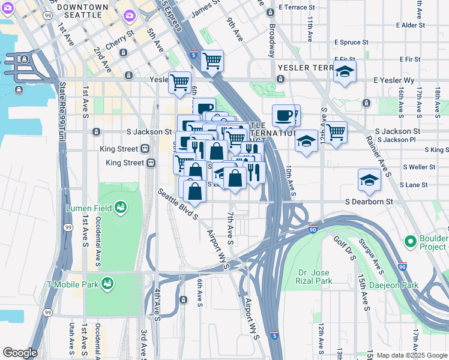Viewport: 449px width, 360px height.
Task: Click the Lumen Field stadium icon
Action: [121, 207]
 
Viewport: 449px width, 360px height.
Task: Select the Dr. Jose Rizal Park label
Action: [315, 276]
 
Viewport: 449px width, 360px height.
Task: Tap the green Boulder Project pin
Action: [411, 241]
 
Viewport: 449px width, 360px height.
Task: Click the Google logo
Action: [19, 353]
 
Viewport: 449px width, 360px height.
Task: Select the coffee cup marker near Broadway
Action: [283, 115]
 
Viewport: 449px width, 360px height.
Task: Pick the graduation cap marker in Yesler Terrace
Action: [345, 72]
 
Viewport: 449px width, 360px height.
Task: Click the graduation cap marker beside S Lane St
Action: [369, 180]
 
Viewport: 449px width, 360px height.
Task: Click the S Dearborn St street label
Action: [369, 202]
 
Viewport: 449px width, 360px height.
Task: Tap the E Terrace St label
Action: [297, 7]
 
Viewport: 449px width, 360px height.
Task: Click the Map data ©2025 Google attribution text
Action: [411, 355]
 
